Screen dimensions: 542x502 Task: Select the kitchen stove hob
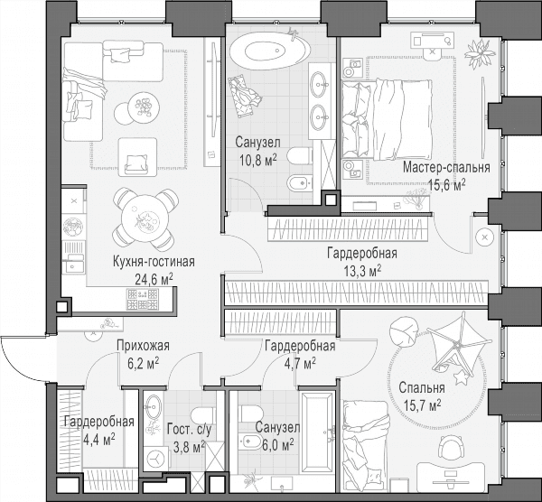coord(143,299)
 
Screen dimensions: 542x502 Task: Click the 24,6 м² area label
coord(154,279)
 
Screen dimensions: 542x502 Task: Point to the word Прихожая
coord(143,345)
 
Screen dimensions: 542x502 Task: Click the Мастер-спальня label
coord(446,167)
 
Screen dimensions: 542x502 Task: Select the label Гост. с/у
coord(189,430)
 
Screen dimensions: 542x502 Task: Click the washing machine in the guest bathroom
coord(157,459)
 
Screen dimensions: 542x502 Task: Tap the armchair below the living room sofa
coord(137,155)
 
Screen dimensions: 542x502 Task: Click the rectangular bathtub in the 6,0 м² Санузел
coord(317,432)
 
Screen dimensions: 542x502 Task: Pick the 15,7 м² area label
coord(422,404)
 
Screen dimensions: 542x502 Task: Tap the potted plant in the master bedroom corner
coord(480,52)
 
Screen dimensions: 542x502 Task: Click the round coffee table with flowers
coord(144,107)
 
